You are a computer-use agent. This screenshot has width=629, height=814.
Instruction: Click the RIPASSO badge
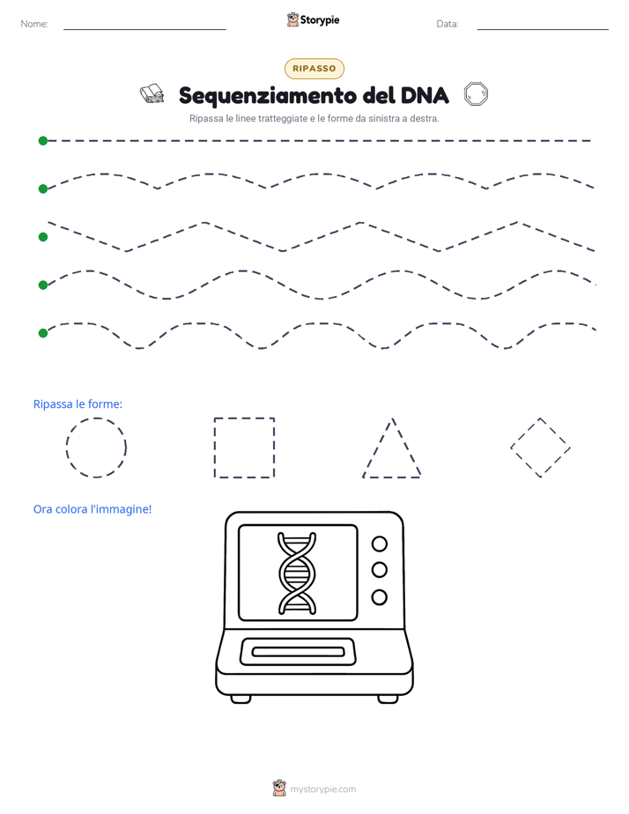[314, 69]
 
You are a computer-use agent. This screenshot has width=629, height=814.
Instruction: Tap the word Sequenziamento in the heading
[268, 96]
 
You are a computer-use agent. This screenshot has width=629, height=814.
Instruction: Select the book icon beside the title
[152, 94]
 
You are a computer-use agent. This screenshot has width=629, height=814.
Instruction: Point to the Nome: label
[34, 24]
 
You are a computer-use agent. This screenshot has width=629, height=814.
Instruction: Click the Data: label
[448, 24]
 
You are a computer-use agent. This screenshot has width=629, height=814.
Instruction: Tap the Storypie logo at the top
[313, 19]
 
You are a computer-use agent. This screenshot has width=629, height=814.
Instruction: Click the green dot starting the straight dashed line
[43, 141]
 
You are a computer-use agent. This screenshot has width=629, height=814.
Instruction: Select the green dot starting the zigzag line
[43, 237]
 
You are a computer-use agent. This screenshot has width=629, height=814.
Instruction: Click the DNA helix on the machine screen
[297, 573]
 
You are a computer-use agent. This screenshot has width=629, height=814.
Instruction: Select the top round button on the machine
[380, 544]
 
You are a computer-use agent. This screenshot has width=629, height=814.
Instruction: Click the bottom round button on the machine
[380, 597]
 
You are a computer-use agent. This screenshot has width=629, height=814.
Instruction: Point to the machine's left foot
[240, 699]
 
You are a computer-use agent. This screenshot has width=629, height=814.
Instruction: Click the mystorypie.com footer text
[322, 789]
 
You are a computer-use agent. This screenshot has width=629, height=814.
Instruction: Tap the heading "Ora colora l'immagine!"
[92, 509]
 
